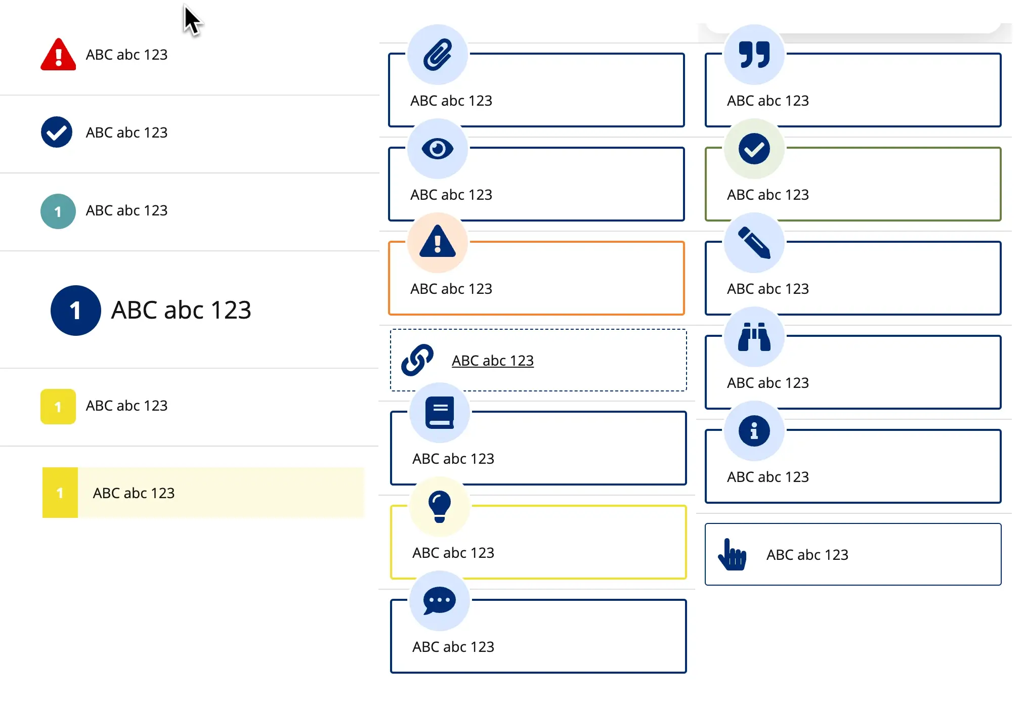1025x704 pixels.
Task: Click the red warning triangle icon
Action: click(x=58, y=55)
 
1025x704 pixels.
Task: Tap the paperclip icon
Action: click(x=438, y=55)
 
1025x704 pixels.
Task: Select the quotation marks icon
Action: click(x=754, y=55)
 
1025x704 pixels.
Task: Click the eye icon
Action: click(x=438, y=149)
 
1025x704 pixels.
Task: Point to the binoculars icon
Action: click(x=754, y=337)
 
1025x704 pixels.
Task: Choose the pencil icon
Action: click(x=754, y=243)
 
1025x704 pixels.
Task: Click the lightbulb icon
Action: click(x=439, y=506)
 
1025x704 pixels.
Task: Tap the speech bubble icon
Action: click(x=439, y=601)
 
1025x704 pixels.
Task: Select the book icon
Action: click(x=439, y=413)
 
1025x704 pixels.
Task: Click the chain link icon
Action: click(x=417, y=360)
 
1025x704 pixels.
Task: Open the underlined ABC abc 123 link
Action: click(x=492, y=361)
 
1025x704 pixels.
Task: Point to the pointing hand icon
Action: click(x=732, y=555)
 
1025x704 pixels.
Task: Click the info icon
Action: click(x=754, y=431)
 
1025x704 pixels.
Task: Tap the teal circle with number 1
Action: click(x=58, y=211)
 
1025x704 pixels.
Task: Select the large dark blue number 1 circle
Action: click(x=76, y=311)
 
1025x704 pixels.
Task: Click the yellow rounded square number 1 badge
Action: click(x=58, y=407)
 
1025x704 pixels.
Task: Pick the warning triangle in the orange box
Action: click(x=438, y=243)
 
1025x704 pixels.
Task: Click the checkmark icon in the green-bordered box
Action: click(x=754, y=149)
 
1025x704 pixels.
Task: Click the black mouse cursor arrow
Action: click(x=191, y=20)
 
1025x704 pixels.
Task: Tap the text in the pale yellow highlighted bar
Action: click(x=134, y=493)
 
